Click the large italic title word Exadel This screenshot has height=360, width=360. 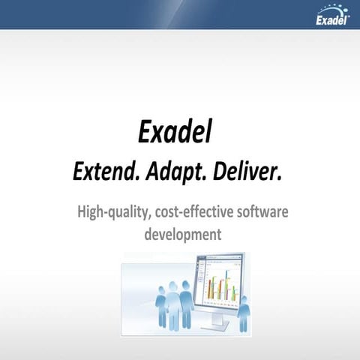[x=175, y=132]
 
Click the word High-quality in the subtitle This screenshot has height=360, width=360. [x=112, y=212]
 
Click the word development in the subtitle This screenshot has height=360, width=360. [x=182, y=234]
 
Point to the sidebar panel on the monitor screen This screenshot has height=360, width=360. [x=202, y=281]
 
